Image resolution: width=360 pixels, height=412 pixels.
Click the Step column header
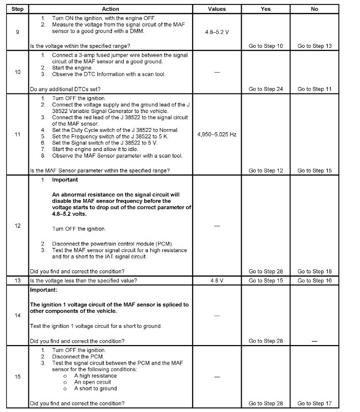click(18, 9)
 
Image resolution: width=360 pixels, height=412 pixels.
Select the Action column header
click(111, 9)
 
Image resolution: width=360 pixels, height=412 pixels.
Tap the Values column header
click(217, 9)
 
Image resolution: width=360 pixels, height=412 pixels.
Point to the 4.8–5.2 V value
click(217, 31)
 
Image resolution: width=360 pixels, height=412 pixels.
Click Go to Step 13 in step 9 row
click(315, 46)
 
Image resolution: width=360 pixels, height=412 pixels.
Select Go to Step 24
click(266, 89)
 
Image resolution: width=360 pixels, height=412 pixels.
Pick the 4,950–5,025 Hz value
click(217, 133)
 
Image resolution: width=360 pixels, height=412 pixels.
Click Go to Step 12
click(266, 171)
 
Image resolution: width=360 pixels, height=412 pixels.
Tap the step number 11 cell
click(18, 133)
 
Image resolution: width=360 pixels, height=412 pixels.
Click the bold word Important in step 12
click(65, 180)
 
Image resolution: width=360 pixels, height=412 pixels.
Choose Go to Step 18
click(315, 271)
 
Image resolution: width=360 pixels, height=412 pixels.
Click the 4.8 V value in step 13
click(217, 281)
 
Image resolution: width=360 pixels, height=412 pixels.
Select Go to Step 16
click(315, 281)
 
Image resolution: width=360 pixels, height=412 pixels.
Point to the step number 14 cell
click(18, 316)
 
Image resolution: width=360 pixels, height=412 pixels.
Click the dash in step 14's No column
click(315, 341)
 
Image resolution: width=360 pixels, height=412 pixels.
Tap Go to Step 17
click(315, 403)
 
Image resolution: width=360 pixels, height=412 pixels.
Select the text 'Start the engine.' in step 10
click(72, 68)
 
